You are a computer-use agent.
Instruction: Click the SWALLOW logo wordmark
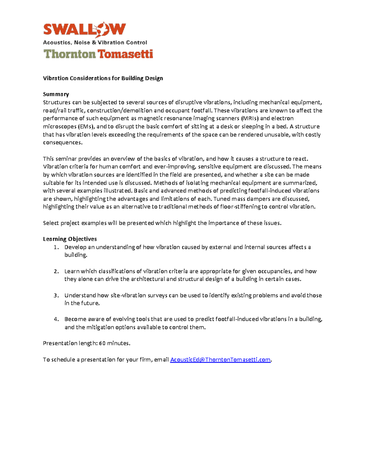(x=84, y=30)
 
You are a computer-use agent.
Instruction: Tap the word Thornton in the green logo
(x=70, y=54)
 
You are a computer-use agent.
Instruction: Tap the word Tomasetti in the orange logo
(x=125, y=54)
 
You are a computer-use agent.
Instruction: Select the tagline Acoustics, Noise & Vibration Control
(x=95, y=42)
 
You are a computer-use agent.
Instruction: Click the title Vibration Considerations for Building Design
(x=103, y=78)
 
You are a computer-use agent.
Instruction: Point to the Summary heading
(x=56, y=94)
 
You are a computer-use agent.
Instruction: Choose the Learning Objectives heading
(x=70, y=239)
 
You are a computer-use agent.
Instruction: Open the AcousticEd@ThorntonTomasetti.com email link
(x=220, y=360)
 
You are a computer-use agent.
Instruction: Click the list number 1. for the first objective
(x=56, y=247)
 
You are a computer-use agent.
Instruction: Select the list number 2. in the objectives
(x=56, y=271)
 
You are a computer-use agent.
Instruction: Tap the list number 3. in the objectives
(x=56, y=295)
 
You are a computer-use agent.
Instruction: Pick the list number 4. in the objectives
(x=56, y=319)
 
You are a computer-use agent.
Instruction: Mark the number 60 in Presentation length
(x=102, y=343)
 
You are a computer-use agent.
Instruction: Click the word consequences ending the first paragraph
(x=63, y=143)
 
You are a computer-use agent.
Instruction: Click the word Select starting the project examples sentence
(x=51, y=223)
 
